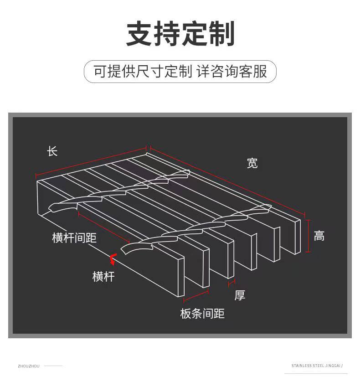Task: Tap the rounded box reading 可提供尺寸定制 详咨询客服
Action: [x=180, y=72]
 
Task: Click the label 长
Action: [x=52, y=151]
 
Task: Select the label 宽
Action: [x=252, y=163]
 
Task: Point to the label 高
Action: [x=319, y=236]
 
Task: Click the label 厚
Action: [x=240, y=295]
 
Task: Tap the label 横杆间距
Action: [x=74, y=238]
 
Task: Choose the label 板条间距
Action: [x=202, y=314]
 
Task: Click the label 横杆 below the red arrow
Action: [x=103, y=276]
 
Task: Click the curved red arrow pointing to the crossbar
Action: [x=112, y=259]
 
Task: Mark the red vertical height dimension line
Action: [x=309, y=235]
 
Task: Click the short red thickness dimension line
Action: [x=231, y=283]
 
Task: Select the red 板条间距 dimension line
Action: [x=196, y=300]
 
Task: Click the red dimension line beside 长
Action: [x=91, y=161]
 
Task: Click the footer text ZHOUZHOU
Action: [x=29, y=366]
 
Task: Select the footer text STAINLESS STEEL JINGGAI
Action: [x=316, y=366]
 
